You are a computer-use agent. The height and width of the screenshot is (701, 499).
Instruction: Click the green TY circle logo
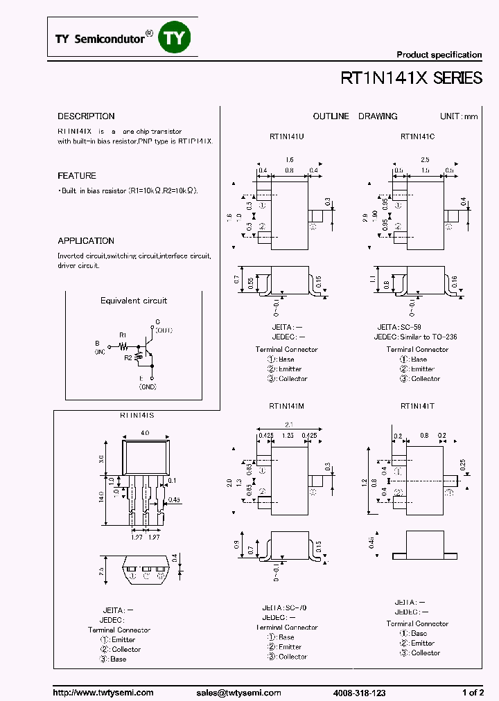coord(174,38)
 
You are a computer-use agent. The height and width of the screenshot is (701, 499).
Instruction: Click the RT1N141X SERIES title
coord(411,78)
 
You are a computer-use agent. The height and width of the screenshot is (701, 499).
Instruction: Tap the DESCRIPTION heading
coord(86,116)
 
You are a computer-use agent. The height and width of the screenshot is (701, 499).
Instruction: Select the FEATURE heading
coord(77,176)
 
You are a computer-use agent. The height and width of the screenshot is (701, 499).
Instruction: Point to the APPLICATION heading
coord(86,241)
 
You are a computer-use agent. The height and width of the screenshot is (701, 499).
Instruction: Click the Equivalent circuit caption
coord(134,301)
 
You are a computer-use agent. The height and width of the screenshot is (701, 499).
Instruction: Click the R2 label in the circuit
coord(128,357)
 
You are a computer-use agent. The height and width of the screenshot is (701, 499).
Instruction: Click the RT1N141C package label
coord(417,136)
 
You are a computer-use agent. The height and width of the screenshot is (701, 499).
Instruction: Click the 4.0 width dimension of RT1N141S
coord(146,432)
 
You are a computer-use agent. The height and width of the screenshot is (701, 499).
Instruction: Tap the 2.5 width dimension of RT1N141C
coord(424,159)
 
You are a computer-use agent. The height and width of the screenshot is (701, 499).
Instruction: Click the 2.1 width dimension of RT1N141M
coord(288,425)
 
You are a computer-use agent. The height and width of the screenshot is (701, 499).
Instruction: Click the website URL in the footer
coord(103,693)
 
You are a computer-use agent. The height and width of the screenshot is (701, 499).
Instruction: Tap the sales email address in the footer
coord(238,693)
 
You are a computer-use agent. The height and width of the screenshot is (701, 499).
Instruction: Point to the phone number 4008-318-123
coord(359,693)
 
